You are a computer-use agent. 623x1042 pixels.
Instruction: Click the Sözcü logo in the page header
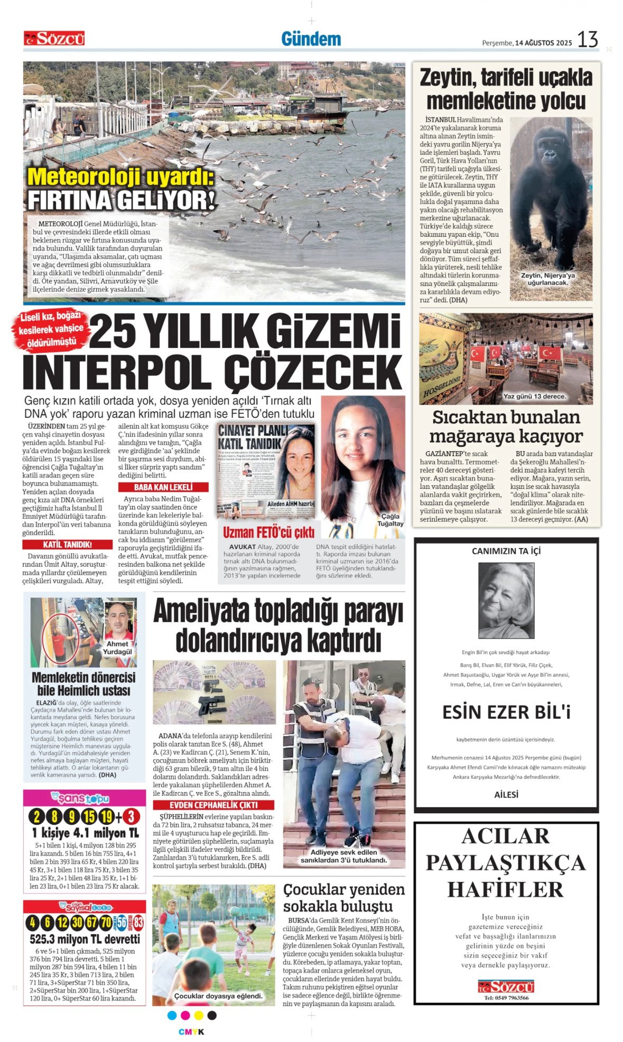pos(54,39)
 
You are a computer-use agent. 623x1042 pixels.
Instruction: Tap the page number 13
pos(587,40)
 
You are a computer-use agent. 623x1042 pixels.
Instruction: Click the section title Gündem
pos(311,39)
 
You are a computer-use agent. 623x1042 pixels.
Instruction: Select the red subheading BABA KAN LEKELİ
pos(163,487)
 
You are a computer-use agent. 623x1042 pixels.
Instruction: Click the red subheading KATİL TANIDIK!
pos(67,544)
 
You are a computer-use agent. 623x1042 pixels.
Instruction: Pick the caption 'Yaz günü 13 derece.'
pos(534,396)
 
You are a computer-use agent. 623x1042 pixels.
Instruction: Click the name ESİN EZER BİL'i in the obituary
pos(506,712)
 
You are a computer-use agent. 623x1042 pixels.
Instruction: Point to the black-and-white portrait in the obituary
pos(506,600)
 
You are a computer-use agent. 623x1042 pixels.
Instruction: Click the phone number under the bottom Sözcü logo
pos(506,998)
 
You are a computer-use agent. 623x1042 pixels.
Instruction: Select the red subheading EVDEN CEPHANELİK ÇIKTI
pos(213,805)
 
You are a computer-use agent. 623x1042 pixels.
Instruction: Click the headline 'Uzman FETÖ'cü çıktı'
pos(268,532)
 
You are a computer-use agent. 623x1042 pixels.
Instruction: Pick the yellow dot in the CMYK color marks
pos(199,1016)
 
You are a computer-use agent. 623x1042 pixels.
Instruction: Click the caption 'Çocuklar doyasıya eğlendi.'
pos(218,996)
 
